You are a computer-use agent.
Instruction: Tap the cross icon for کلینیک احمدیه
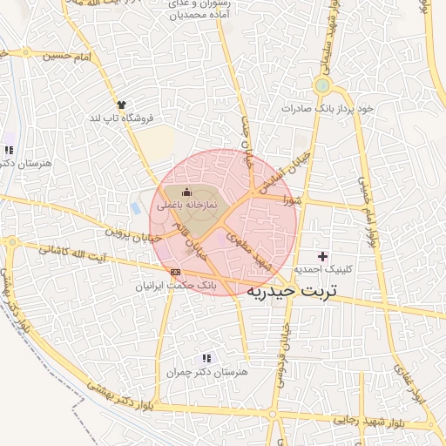(323, 256)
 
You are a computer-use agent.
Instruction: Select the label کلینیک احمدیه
(323, 270)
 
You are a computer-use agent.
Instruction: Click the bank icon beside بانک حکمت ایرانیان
(177, 271)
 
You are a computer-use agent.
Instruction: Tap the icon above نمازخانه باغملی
(185, 193)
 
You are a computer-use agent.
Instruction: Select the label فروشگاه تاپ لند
(124, 118)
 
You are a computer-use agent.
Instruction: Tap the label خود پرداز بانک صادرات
(328, 108)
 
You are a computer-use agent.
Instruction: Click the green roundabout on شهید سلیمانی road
(323, 85)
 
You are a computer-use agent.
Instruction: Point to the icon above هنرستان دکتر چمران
(206, 358)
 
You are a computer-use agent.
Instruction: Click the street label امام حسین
(70, 57)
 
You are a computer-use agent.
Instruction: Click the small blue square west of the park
(136, 209)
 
